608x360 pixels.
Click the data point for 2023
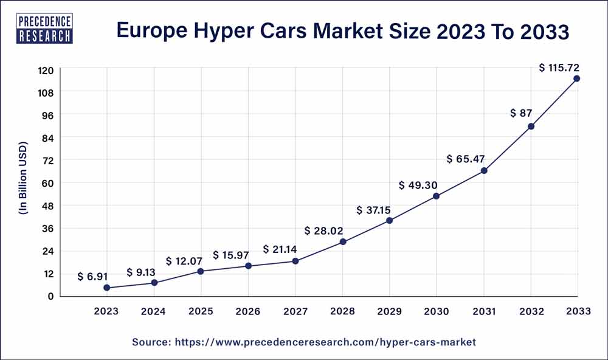(x=107, y=288)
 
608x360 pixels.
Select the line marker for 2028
(x=343, y=241)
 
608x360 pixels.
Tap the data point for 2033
(x=576, y=78)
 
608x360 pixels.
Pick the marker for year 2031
(x=484, y=171)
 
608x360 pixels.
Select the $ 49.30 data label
(x=420, y=185)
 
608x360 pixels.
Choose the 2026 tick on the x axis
(x=248, y=311)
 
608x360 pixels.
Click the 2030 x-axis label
(x=437, y=311)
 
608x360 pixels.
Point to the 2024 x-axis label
(x=154, y=311)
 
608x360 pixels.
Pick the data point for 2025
(x=201, y=271)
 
